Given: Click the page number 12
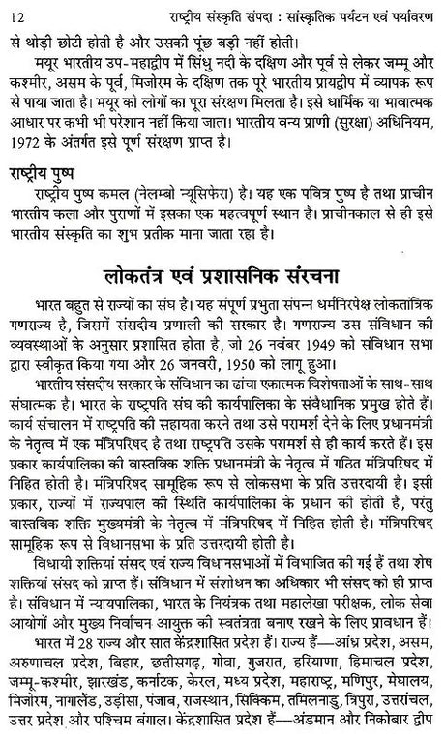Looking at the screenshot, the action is pos(15,11).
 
